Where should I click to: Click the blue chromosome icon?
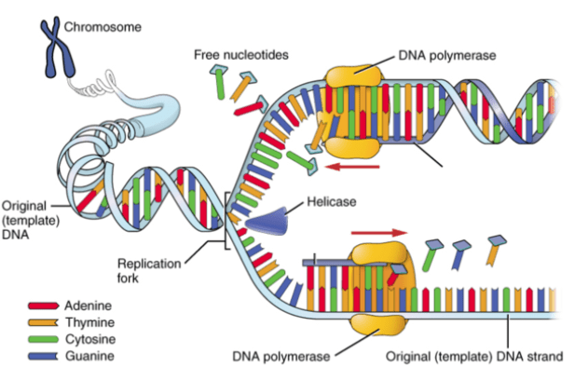coord(58,47)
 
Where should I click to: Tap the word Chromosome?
coord(103,27)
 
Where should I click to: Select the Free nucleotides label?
coord(240,55)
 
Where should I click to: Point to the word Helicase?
coord(332,202)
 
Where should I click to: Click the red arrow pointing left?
coord(352,166)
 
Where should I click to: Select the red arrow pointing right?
coord(378,233)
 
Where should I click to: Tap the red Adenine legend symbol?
coord(43,306)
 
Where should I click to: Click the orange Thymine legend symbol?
coord(43,322)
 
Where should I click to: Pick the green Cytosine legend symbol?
coord(43,339)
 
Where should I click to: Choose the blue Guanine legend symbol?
coord(43,356)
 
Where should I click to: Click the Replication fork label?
coord(149,271)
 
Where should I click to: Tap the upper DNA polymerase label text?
coord(447,56)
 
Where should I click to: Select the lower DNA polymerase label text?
coord(280,356)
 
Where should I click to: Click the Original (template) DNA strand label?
coord(474,356)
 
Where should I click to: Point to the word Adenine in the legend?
coord(88,306)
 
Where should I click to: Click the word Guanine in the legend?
coord(89,356)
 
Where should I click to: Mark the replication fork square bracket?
coord(226,221)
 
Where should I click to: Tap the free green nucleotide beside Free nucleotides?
coord(219,82)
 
